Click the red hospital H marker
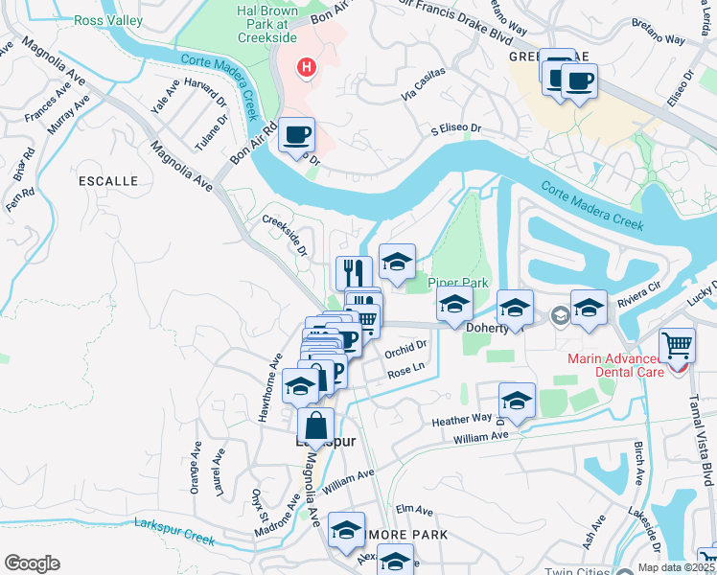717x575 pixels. tap(307, 67)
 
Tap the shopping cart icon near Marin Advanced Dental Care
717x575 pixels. tap(678, 344)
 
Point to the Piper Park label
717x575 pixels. tap(458, 283)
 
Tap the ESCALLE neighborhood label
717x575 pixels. tap(110, 180)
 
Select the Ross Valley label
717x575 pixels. tap(109, 20)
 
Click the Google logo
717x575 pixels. tap(32, 563)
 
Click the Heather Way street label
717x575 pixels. tap(462, 419)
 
